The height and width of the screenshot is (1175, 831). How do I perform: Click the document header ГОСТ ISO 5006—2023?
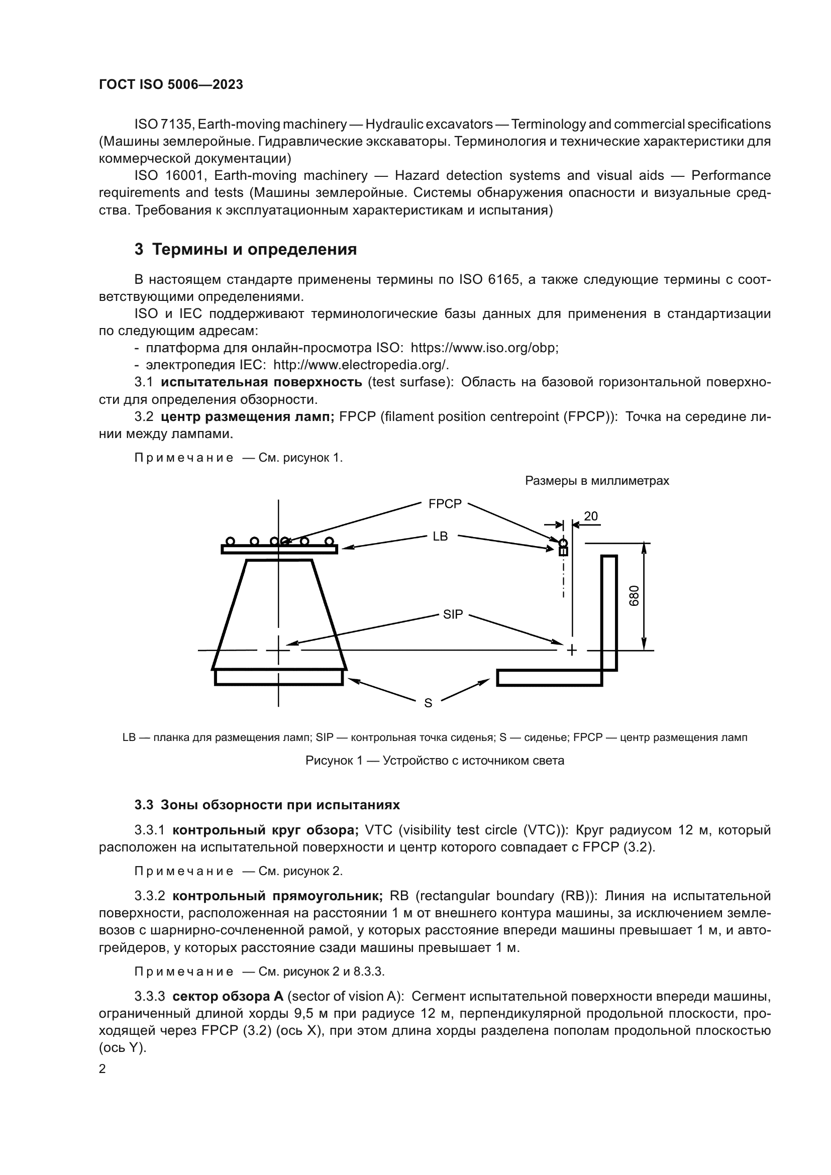pos(171,85)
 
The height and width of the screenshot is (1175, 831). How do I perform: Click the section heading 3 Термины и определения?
pos(246,249)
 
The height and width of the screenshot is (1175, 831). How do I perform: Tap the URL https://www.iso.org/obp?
pos(483,348)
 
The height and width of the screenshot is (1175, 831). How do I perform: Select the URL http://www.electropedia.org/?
pos(361,365)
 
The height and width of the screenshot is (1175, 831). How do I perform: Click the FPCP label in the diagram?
pos(445,504)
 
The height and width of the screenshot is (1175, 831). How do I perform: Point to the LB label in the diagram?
pos(440,537)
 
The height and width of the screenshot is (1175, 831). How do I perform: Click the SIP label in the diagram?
pos(453,614)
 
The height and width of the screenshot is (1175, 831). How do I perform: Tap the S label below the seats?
pos(428,703)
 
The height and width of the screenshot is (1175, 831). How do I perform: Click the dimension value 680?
pos(634,596)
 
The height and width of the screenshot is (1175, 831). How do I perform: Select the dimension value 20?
pos(590,516)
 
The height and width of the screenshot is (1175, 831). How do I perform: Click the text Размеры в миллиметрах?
pos(597,481)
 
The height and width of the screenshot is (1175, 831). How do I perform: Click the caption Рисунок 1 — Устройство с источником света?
pos(435,761)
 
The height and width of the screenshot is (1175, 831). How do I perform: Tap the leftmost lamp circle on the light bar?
pos(230,541)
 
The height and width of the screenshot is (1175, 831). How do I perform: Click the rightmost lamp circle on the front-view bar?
pos(330,541)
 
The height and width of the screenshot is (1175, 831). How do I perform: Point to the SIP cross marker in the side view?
pos(572,651)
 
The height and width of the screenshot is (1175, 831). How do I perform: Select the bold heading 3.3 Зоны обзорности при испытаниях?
pos(267,805)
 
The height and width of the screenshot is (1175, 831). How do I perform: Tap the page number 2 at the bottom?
pos(102,1069)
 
